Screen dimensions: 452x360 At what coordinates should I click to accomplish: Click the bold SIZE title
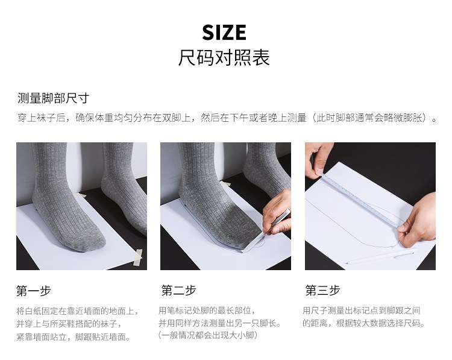(224, 33)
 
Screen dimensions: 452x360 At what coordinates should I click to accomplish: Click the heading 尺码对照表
(224, 57)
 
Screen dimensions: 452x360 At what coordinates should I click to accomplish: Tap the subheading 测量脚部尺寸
(53, 98)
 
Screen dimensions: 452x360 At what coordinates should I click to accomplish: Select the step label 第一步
(33, 291)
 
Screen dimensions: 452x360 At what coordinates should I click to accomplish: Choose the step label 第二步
(179, 290)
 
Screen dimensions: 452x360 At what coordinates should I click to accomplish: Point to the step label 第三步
(323, 290)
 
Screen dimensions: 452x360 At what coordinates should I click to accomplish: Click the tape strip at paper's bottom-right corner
(138, 257)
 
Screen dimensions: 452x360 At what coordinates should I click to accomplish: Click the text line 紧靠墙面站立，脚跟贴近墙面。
(74, 336)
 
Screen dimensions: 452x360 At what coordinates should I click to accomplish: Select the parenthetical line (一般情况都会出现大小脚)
(207, 335)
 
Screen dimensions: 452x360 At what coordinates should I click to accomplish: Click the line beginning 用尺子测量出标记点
(362, 311)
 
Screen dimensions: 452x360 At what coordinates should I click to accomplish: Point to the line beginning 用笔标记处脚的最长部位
(207, 311)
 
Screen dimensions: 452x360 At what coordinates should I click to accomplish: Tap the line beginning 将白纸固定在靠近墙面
(78, 311)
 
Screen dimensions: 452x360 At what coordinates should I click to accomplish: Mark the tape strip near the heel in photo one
(80, 194)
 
